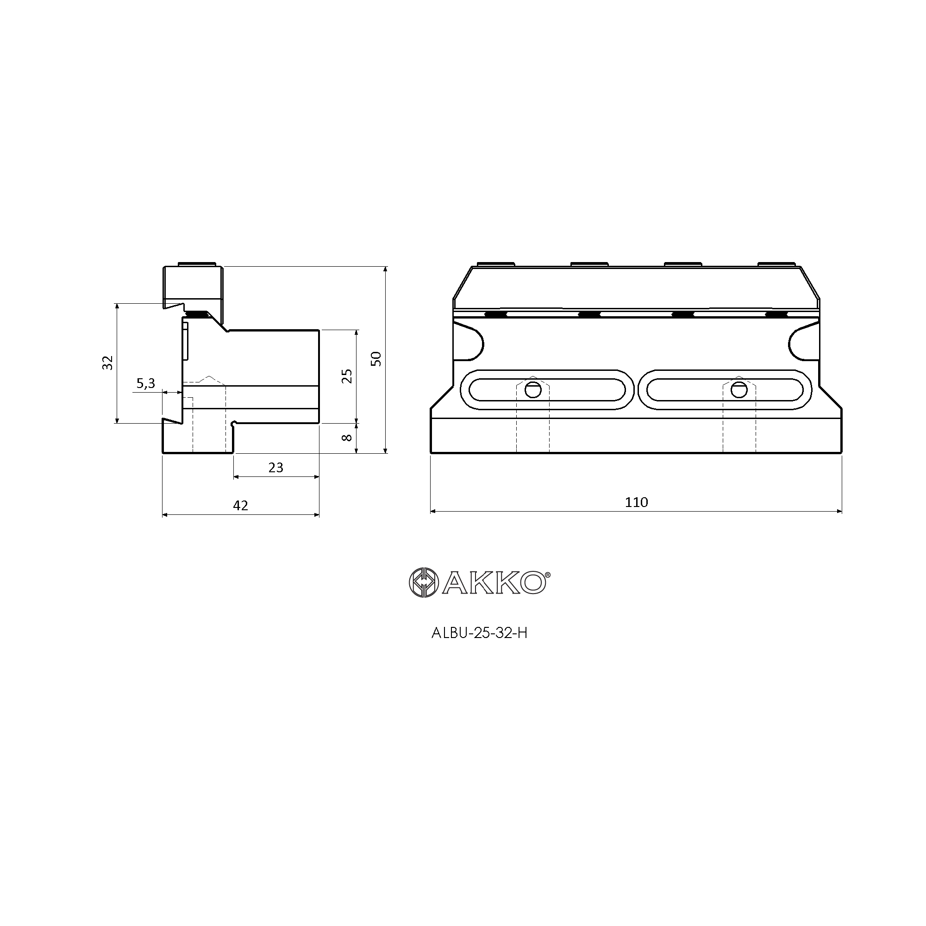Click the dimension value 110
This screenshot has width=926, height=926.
point(636,502)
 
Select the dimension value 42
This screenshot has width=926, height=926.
point(241,505)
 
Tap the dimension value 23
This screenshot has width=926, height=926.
point(275,467)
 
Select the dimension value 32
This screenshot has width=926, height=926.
point(108,363)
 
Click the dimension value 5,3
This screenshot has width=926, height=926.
point(146,383)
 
